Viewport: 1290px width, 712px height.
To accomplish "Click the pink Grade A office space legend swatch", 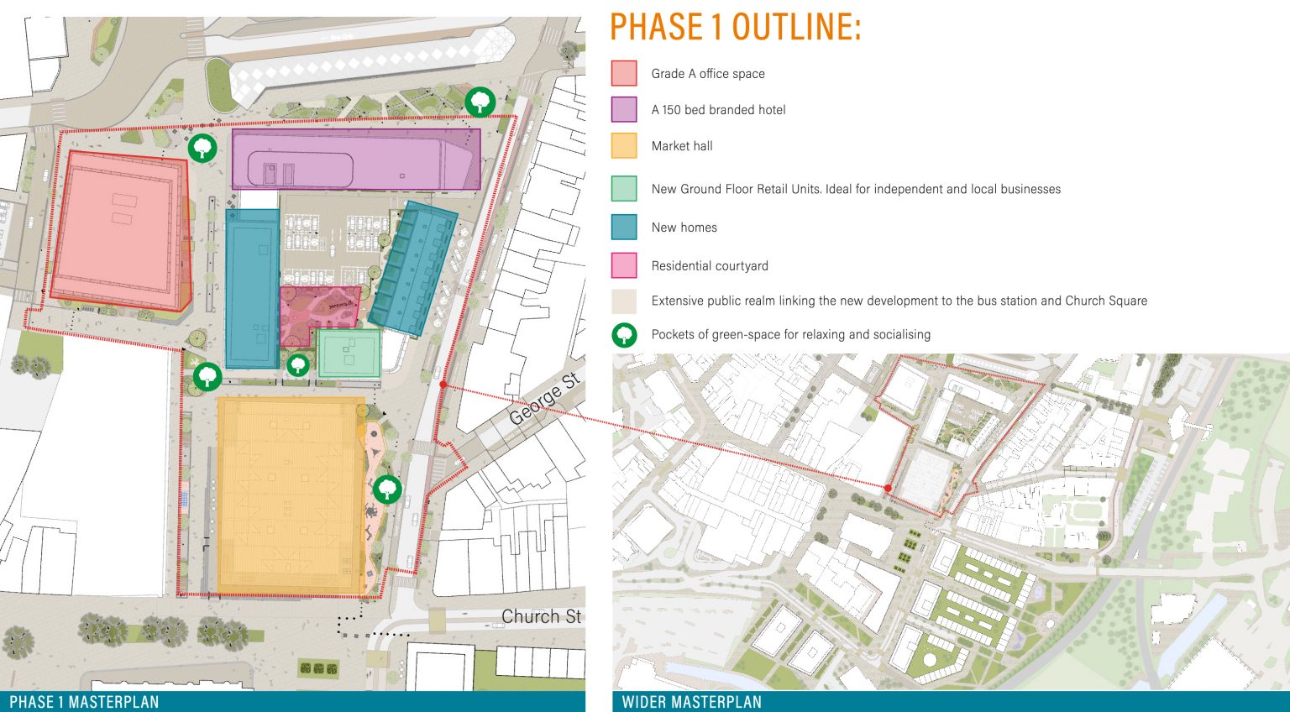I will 624,73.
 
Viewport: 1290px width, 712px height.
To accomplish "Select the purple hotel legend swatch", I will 624,109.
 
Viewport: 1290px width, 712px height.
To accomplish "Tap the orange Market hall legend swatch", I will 624,145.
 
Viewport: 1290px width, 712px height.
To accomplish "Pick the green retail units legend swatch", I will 624,189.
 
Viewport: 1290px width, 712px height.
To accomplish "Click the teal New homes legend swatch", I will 624,227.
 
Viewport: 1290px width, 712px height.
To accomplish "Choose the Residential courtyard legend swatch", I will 624,265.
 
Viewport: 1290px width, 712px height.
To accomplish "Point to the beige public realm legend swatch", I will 624,301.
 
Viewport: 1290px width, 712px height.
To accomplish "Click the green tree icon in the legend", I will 624,335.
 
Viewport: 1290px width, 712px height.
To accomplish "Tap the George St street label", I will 545,399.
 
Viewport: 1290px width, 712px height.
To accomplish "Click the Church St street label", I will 541,617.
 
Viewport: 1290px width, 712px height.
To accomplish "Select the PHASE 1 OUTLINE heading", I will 735,27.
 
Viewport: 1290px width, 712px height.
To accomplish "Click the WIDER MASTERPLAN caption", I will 691,702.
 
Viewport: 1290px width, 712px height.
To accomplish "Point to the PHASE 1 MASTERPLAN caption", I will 84,702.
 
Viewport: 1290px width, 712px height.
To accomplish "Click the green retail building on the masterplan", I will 349,353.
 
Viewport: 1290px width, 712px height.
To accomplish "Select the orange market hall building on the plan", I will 291,495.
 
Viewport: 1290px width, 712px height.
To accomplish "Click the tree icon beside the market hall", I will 387,489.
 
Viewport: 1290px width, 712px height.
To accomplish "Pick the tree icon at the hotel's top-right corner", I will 480,102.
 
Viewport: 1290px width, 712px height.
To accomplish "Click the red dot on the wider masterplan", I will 888,488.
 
